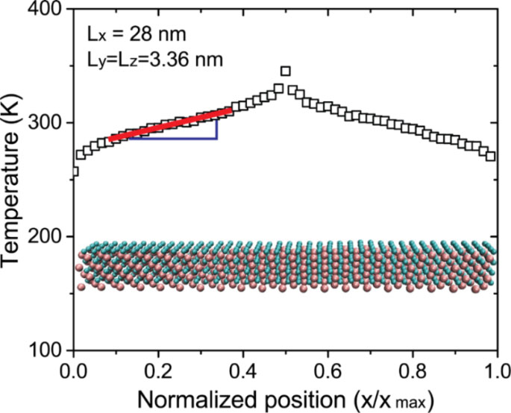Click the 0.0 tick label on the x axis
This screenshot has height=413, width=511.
73,368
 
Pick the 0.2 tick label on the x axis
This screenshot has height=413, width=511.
158,368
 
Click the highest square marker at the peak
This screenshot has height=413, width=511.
285,72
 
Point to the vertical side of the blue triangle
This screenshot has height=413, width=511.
216,127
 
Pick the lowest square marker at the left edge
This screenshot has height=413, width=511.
74,172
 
